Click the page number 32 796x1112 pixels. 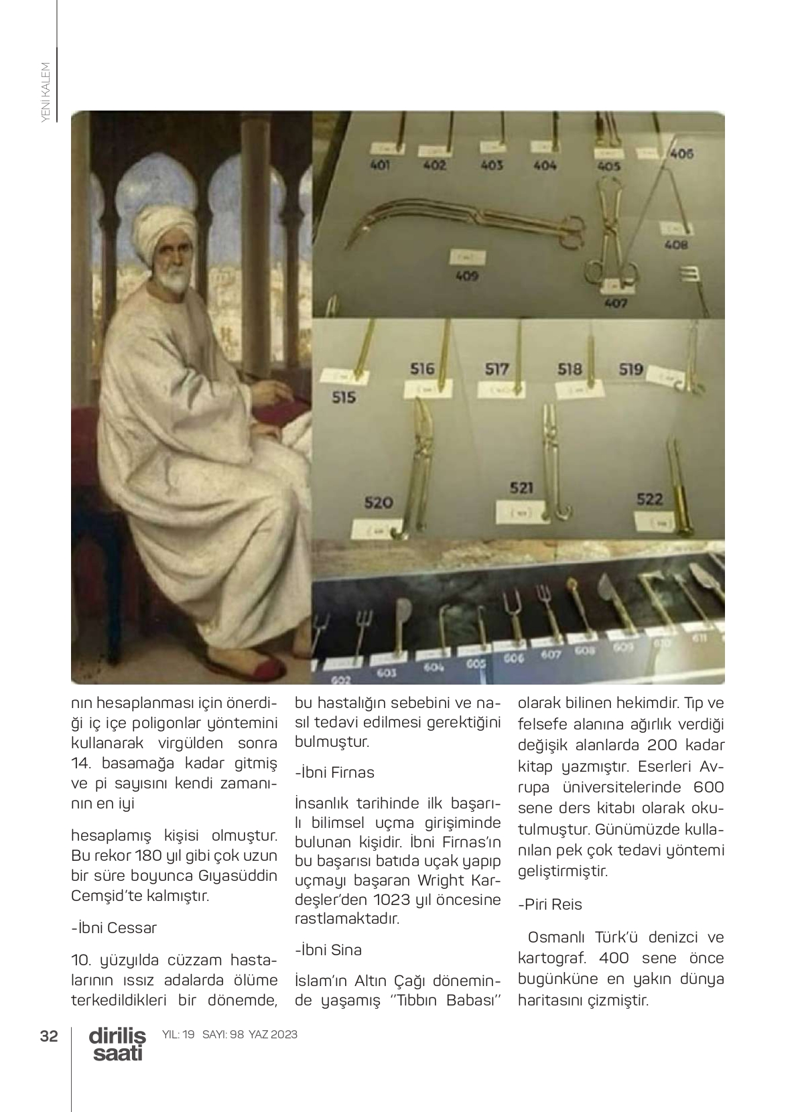pyautogui.click(x=48, y=1036)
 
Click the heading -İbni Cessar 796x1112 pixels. pyautogui.click(x=114, y=928)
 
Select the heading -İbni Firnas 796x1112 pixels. pyautogui.click(x=334, y=772)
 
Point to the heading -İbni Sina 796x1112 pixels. pyautogui.click(x=328, y=950)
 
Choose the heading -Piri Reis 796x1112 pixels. pyautogui.click(x=550, y=904)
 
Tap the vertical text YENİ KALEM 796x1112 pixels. pyautogui.click(x=46, y=92)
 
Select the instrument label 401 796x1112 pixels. pyautogui.click(x=380, y=165)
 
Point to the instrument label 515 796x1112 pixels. pyautogui.click(x=344, y=397)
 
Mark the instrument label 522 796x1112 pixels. pyautogui.click(x=649, y=498)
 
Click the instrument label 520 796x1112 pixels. pyautogui.click(x=378, y=502)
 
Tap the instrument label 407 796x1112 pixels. pyautogui.click(x=615, y=303)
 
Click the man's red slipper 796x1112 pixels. pyautogui.click(x=254, y=667)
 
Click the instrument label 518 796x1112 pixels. pyautogui.click(x=570, y=369)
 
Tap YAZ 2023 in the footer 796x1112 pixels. pyautogui.click(x=273, y=1034)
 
